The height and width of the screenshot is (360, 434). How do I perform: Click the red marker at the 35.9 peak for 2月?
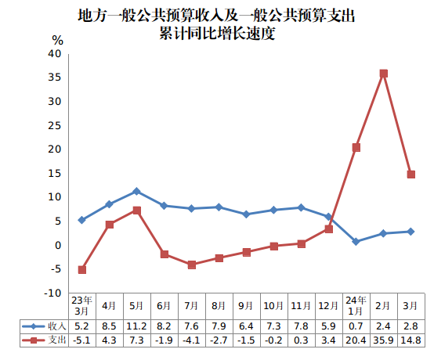(383, 74)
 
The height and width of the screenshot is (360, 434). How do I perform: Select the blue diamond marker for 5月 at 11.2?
(136, 191)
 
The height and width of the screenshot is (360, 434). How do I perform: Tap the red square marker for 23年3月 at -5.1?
(81, 269)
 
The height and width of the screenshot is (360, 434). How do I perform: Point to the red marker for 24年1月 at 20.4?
(356, 147)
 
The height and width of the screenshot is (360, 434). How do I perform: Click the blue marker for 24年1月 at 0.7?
(356, 242)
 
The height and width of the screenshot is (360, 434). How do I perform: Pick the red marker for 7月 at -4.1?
(191, 265)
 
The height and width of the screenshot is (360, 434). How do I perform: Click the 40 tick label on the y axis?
(54, 53)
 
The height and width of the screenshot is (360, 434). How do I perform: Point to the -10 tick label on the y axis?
(52, 293)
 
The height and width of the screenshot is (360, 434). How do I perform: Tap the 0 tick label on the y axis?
(57, 245)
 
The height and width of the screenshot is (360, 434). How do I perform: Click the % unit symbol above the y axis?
(57, 39)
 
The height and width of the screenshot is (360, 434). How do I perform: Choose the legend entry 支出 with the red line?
(44, 340)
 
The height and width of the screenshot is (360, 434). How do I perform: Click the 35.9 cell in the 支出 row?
(383, 340)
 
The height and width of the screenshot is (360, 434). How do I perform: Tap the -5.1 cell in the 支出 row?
(81, 340)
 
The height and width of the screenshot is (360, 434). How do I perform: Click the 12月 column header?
(328, 305)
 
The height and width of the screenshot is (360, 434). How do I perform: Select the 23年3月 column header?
(81, 305)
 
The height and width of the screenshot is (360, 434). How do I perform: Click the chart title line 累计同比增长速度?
(217, 34)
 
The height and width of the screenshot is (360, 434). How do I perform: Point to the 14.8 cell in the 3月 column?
(410, 340)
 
